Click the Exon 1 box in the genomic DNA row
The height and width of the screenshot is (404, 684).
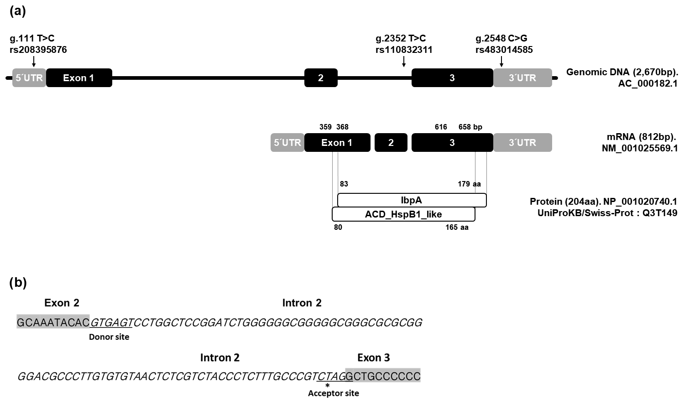pyautogui.click(x=79, y=78)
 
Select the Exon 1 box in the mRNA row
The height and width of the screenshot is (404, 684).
pyautogui.click(x=337, y=143)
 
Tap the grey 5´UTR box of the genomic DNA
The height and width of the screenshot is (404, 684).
pyautogui.click(x=29, y=78)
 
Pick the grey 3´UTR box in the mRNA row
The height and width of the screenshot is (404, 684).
pyautogui.click(x=522, y=143)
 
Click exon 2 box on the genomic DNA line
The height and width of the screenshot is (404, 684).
pyautogui.click(x=321, y=78)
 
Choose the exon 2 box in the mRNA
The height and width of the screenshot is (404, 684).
pyautogui.click(x=391, y=143)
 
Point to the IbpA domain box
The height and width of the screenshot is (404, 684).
pyautogui.click(x=412, y=200)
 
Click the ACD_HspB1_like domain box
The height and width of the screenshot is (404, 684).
pyautogui.click(x=403, y=214)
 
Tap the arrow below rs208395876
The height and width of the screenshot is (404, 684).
pyautogui.click(x=34, y=62)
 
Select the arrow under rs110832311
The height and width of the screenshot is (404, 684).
pyautogui.click(x=404, y=62)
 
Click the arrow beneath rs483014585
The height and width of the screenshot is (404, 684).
pyautogui.click(x=502, y=62)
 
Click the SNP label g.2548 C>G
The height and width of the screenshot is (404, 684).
pyautogui.click(x=501, y=38)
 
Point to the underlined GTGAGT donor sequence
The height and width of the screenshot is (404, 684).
pyautogui.click(x=111, y=323)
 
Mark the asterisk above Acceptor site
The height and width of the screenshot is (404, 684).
pyautogui.click(x=328, y=386)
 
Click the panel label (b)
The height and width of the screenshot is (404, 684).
pyautogui.click(x=18, y=283)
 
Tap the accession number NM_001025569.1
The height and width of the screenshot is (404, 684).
pyautogui.click(x=640, y=148)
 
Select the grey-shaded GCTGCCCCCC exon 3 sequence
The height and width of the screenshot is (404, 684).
pyautogui.click(x=383, y=376)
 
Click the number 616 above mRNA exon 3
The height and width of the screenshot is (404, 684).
pyautogui.click(x=441, y=127)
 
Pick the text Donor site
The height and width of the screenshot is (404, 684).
pyautogui.click(x=109, y=337)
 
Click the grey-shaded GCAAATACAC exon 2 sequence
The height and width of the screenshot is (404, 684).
pyautogui.click(x=53, y=323)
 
